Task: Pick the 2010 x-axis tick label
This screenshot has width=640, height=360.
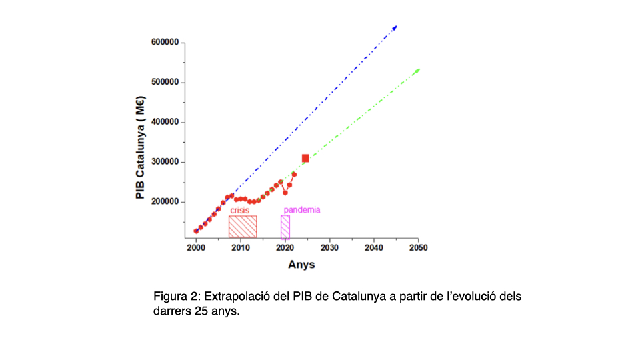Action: point(240,248)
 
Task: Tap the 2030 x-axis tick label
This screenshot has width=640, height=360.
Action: point(329,248)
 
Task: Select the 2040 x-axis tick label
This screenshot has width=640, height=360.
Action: point(374,248)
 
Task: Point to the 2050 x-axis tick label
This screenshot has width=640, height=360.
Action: point(418,248)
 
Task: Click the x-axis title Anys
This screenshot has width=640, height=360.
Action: point(301,265)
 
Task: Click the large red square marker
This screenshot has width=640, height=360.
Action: point(305,158)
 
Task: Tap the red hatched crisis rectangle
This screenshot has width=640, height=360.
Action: point(243,227)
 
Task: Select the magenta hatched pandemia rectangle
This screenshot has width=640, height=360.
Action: point(285,227)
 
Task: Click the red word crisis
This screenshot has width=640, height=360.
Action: point(240,210)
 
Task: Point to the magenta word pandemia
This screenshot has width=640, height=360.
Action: point(302,210)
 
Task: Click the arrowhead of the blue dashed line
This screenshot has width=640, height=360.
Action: point(395,27)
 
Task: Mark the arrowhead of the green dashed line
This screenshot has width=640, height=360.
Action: point(418,70)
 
